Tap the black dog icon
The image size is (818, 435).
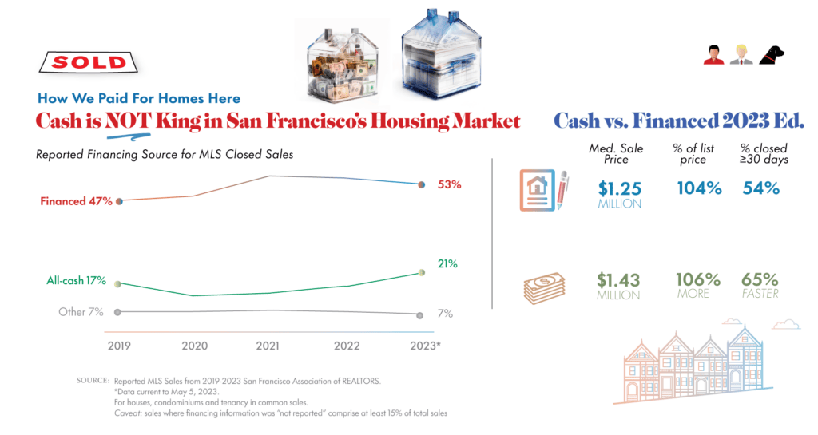(772, 54)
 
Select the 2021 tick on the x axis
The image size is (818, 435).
(268, 346)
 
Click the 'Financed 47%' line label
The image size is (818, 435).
(76, 202)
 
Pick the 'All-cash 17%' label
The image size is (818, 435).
(76, 281)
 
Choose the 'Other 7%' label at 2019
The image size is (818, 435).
(81, 312)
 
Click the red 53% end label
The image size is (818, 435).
(450, 185)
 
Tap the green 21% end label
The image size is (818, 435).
(448, 263)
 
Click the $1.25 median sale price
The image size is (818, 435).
(619, 189)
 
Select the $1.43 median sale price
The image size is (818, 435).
(619, 280)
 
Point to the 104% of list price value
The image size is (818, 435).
(699, 189)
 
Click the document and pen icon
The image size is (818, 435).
(543, 190)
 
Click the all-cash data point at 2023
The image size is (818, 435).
(423, 273)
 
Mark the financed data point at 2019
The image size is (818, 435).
(118, 201)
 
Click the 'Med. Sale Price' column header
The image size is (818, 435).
(620, 154)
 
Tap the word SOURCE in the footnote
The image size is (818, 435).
(93, 381)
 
